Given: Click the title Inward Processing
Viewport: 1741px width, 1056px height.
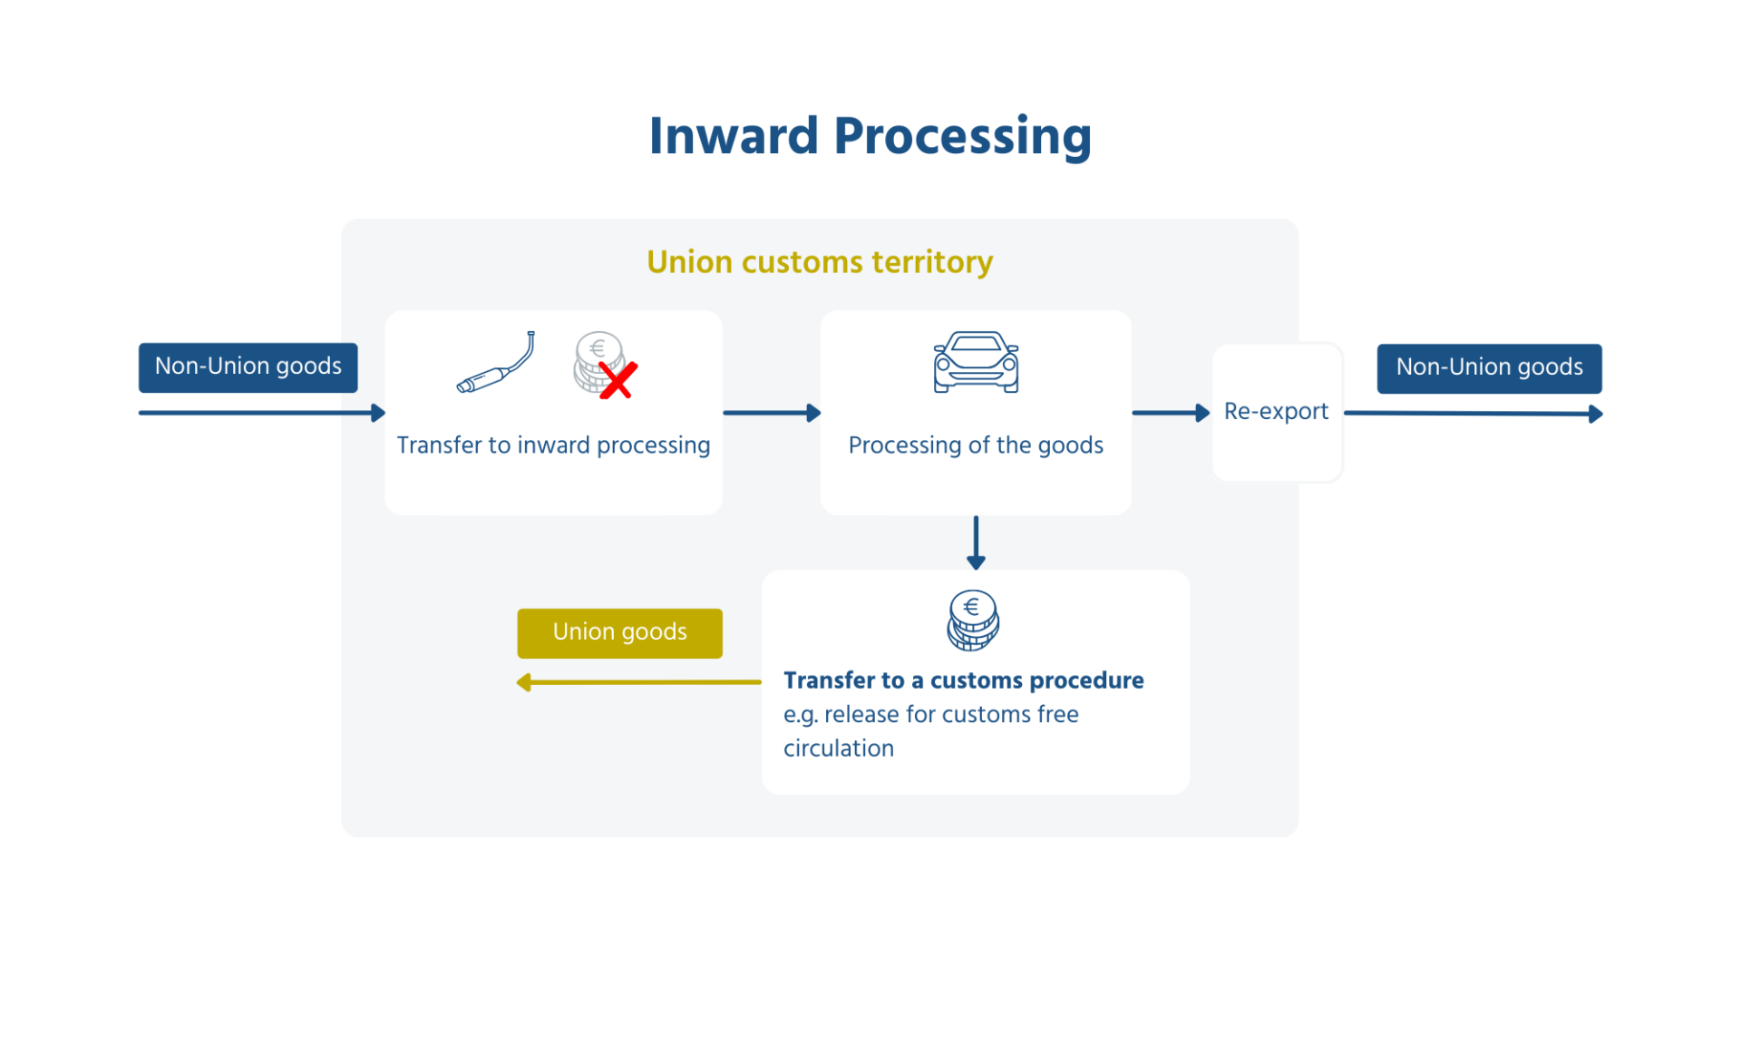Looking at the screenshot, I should point(870,137).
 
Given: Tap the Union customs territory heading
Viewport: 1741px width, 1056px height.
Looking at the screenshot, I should point(819,262).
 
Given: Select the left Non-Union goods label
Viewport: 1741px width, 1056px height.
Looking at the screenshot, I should point(248,367).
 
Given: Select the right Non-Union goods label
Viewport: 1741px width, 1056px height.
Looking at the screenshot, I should point(1489,367).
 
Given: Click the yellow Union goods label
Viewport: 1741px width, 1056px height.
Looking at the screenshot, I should point(619,632).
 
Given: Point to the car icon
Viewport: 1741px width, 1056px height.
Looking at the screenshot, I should point(976,362).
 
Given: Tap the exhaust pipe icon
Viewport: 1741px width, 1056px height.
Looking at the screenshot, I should point(496,363).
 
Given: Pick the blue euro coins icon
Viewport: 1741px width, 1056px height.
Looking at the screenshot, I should point(973,621).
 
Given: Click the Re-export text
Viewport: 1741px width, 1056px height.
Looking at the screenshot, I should point(1276,412).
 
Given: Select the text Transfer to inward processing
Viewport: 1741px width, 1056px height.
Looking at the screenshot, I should point(553,445).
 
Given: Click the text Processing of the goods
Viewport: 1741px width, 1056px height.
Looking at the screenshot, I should point(976,445).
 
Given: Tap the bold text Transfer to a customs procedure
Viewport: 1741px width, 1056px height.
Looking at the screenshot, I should point(963,680).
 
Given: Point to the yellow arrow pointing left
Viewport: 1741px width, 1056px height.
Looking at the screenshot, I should point(638,682).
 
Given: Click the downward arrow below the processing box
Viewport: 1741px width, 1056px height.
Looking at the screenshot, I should point(976,543).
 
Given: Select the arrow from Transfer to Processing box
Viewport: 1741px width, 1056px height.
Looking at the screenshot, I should point(771,413).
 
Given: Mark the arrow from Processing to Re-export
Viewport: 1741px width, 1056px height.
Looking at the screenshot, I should point(1171,413).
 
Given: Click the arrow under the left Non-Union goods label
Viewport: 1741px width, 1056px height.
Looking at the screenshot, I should point(261,413).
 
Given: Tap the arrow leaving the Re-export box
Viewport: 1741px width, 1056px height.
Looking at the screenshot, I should point(1473,414).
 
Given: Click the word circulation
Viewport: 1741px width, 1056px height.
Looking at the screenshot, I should point(838,748).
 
